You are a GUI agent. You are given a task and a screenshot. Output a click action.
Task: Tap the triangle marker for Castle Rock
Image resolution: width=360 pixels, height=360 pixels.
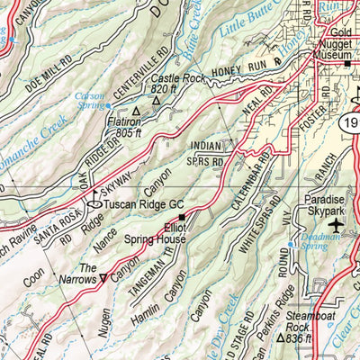156,101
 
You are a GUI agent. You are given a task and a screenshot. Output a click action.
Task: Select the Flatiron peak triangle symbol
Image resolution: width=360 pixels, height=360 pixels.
136,112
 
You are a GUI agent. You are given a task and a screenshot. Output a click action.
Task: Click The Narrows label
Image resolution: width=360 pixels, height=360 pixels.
88,274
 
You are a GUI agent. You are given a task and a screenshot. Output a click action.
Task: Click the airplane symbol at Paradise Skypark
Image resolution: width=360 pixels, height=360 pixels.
337,224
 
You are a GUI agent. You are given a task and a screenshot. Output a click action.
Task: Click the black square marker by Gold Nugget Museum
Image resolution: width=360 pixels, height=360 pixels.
347,64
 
